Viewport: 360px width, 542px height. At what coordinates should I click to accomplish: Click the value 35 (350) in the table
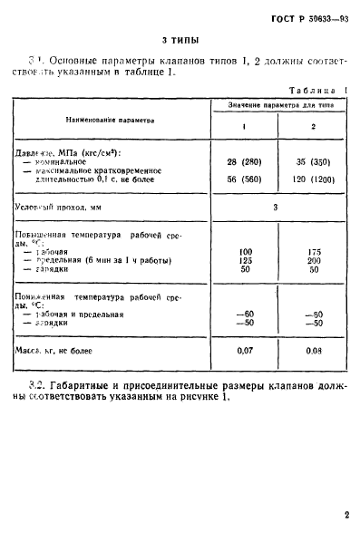[313, 160]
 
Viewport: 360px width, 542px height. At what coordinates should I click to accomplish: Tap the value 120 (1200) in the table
[313, 179]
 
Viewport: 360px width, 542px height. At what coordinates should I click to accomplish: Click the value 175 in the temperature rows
[314, 249]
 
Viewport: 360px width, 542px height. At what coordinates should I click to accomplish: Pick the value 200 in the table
[314, 259]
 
